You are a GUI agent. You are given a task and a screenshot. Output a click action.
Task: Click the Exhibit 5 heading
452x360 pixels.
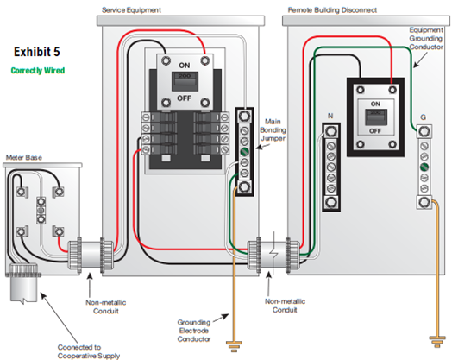[x=37, y=52]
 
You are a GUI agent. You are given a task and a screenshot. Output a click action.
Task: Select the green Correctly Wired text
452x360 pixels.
[x=38, y=71]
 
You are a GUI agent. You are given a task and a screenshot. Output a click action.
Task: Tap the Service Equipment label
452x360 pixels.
[x=131, y=10]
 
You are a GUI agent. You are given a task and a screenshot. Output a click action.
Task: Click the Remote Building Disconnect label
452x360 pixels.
[x=332, y=10]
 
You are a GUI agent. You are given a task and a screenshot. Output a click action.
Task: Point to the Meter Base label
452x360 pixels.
[x=24, y=157]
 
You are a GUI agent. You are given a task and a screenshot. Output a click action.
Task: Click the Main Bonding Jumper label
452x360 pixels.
[x=273, y=129]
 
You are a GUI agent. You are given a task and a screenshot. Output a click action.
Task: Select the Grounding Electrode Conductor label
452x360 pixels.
[x=194, y=331]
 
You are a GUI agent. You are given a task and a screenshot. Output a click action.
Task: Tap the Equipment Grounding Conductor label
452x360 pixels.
[x=426, y=38]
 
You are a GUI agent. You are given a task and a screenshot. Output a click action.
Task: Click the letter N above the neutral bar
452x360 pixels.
[x=330, y=116]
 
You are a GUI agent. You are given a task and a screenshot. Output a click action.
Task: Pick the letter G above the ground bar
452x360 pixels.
[x=424, y=117]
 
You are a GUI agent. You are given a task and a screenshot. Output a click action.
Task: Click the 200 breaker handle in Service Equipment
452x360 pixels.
[x=185, y=81]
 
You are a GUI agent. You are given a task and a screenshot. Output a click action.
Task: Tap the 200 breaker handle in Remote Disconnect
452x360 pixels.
[x=375, y=117]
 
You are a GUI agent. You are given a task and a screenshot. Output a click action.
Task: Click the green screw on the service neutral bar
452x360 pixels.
[x=244, y=152]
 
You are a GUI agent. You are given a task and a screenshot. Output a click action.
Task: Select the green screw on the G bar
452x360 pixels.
[x=424, y=167]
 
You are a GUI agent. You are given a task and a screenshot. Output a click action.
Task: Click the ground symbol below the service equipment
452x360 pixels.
[x=234, y=346]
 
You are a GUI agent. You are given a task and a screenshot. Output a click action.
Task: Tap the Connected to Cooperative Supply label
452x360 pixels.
[x=89, y=351]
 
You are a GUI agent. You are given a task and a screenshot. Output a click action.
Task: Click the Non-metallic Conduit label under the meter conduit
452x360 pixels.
[x=106, y=306]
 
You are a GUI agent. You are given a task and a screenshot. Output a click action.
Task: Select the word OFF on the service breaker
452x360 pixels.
[x=185, y=98]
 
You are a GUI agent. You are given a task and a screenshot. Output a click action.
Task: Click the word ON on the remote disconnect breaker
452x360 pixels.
[x=375, y=104]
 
